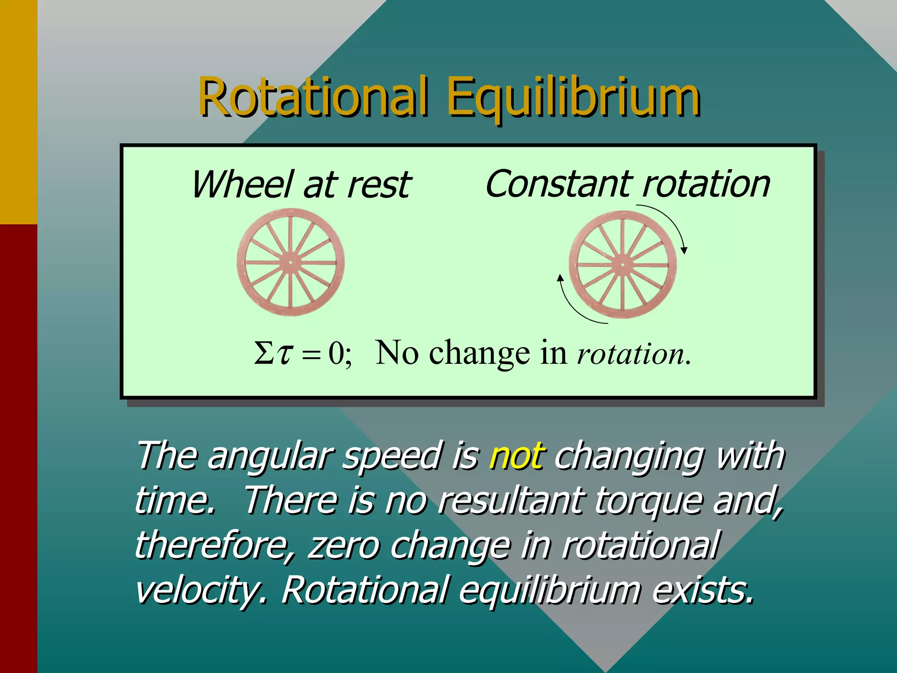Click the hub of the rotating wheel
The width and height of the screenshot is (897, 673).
622,265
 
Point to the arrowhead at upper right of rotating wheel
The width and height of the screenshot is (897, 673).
684,250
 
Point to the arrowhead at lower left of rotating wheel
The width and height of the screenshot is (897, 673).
560,278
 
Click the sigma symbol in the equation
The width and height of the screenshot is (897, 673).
264,353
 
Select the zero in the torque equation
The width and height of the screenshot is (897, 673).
336,353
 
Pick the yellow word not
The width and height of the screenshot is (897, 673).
517,456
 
